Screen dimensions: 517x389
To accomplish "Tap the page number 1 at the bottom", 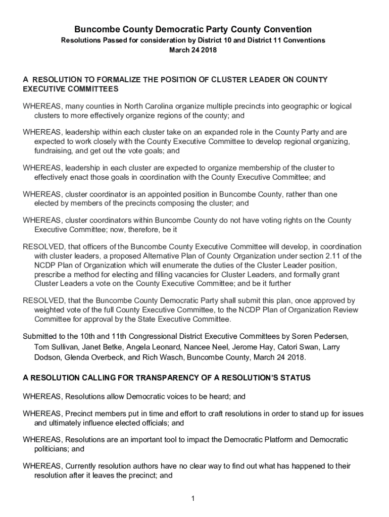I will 193,499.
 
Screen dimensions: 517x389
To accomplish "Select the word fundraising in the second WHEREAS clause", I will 54,150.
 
